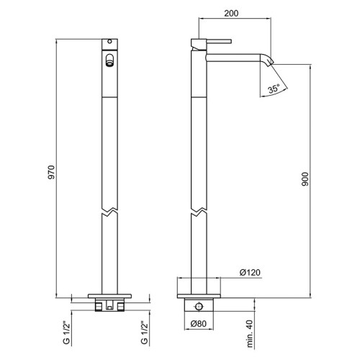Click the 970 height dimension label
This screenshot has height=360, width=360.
(x=51, y=172)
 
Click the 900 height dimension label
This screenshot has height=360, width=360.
(x=305, y=179)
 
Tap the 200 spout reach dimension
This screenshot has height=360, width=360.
(x=231, y=13)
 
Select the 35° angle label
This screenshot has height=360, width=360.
(x=274, y=89)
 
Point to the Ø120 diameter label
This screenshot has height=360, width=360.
(x=250, y=272)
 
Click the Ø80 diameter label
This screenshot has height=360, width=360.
(x=199, y=324)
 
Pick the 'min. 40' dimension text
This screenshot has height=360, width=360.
(x=250, y=334)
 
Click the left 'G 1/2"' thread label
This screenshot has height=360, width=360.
(x=66, y=333)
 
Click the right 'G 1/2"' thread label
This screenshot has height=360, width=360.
(x=144, y=333)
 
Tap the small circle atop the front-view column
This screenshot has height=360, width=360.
(x=109, y=41)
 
